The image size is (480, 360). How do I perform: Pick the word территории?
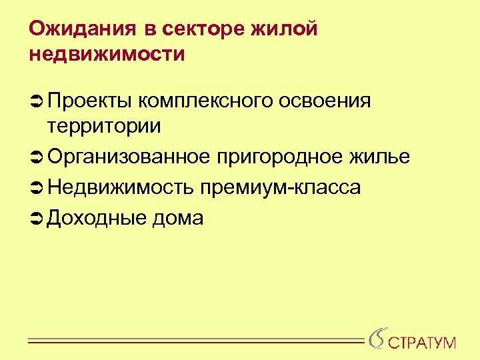click(x=104, y=125)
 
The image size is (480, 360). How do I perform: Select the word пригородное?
click(x=281, y=157)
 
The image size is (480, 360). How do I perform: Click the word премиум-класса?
click(x=279, y=189)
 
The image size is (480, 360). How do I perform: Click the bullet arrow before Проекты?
click(x=37, y=101)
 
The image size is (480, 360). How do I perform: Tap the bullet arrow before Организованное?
click(x=37, y=157)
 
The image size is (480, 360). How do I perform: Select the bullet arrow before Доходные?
click(x=37, y=218)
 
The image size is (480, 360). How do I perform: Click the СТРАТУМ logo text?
click(x=422, y=343)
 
